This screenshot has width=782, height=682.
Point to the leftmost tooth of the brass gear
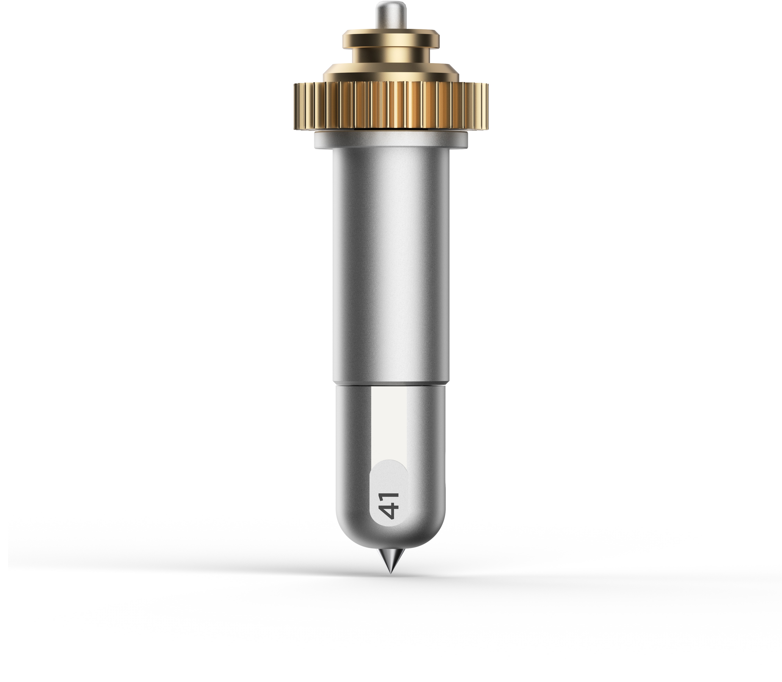pyautogui.click(x=296, y=107)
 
